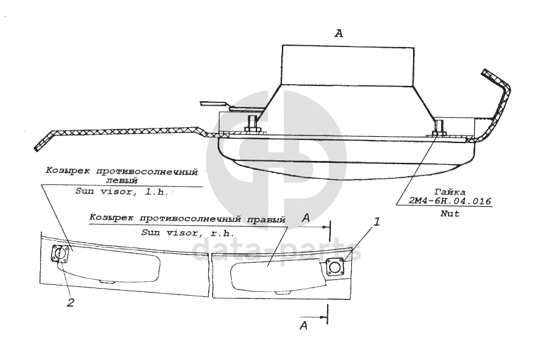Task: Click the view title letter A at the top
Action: tap(339, 34)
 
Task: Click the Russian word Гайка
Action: tap(450, 191)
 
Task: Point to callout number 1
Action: tap(377, 223)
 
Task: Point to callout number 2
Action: tap(71, 303)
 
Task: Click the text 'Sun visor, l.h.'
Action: tap(122, 191)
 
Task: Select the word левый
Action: tap(120, 180)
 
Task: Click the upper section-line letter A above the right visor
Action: tap(306, 218)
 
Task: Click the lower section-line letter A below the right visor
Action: tap(304, 326)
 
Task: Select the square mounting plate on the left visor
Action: tap(60, 254)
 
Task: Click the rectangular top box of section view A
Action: tap(347, 65)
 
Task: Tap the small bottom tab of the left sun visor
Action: tap(107, 280)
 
